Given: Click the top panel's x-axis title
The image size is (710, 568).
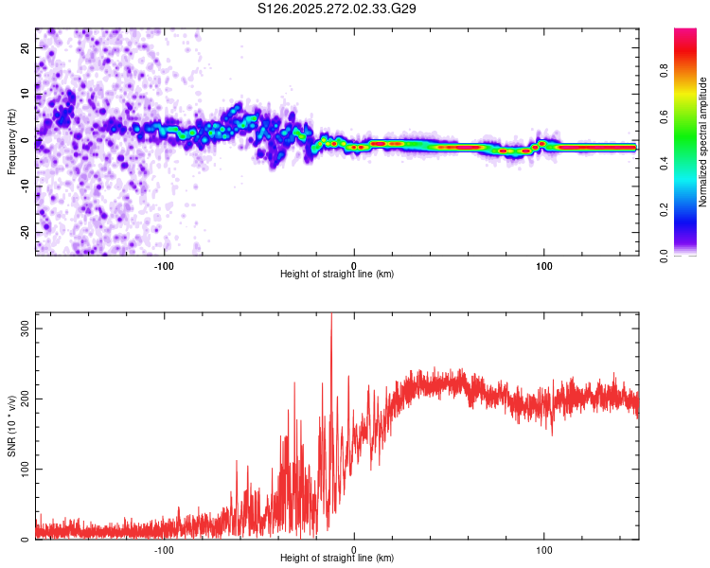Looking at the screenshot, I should click(337, 274).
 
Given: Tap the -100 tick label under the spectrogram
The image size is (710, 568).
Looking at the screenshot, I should click(165, 265).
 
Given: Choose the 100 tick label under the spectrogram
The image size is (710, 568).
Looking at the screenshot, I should click(544, 265).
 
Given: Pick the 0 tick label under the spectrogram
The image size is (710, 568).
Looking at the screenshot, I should click(354, 265).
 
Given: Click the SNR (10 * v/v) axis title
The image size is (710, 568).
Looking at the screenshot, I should click(12, 426).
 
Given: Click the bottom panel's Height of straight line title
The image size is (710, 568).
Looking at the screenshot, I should click(337, 559).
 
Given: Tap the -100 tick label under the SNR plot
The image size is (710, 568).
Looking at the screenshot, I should click(165, 549).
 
